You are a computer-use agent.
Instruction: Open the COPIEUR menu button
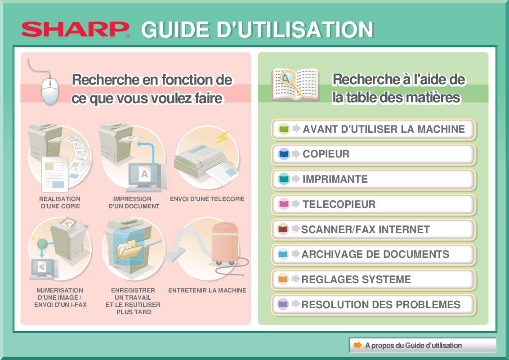pos(373,154)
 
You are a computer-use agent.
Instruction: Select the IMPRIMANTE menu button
pos(373,180)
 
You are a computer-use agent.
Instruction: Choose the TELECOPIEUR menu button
pos(373,205)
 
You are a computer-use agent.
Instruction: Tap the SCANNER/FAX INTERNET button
pos(373,229)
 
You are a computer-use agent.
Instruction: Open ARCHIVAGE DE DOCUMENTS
pos(373,255)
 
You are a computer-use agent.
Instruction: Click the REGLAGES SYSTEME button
pos(373,280)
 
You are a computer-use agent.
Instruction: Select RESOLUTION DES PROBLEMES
pos(373,305)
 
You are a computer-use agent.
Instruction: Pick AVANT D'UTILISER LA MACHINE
pos(373,130)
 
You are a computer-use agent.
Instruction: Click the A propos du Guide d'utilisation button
pos(422,346)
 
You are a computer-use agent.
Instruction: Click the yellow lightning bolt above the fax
pos(222,137)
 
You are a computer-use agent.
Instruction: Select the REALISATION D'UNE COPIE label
pos(60,202)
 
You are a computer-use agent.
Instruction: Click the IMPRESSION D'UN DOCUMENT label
pos(133,202)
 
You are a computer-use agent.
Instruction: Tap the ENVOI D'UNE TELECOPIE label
pos(207,199)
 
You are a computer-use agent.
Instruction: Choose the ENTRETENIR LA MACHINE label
pos(207,291)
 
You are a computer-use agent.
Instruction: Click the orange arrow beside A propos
pos(357,346)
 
